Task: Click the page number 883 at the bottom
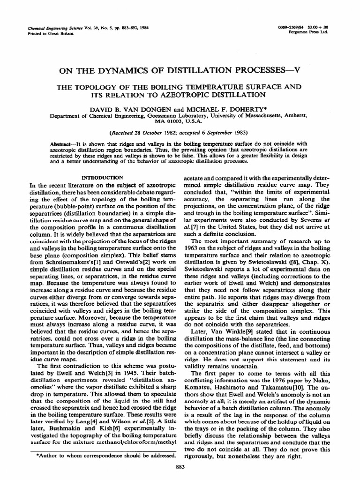tap(180, 466)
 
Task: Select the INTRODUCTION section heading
tap(102, 178)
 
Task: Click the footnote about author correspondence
tap(106, 455)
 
